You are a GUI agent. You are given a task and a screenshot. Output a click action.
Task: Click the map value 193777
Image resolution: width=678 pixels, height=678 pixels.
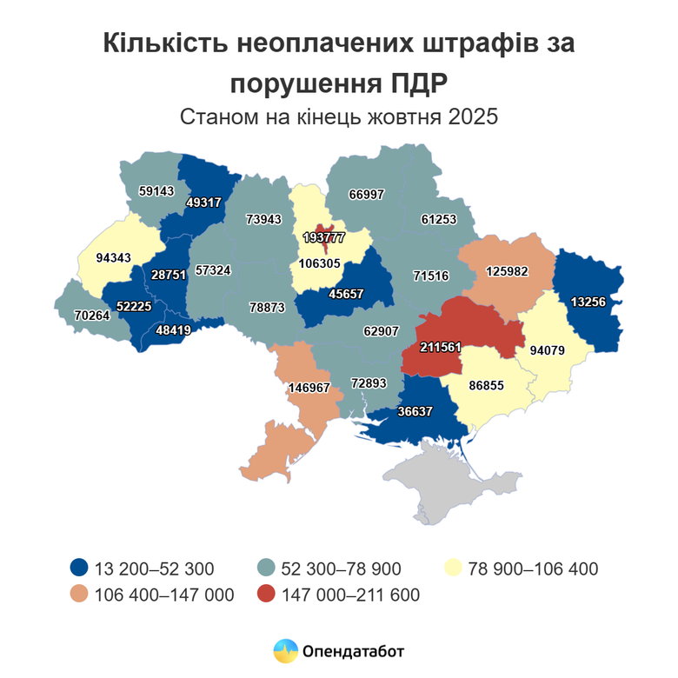[323, 237]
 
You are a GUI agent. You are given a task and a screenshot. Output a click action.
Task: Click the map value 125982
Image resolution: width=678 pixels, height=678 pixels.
[507, 270]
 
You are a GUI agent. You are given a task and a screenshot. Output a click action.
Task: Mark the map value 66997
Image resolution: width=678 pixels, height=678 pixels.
[367, 195]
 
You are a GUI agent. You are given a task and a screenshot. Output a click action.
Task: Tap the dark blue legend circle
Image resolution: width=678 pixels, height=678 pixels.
[79, 569]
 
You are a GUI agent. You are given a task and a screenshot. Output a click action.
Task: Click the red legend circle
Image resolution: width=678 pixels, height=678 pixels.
[267, 595]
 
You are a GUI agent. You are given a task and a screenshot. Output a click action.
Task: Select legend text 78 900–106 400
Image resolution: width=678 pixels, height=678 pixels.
[533, 569]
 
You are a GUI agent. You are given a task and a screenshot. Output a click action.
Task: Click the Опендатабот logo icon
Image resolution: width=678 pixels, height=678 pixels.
[285, 650]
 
